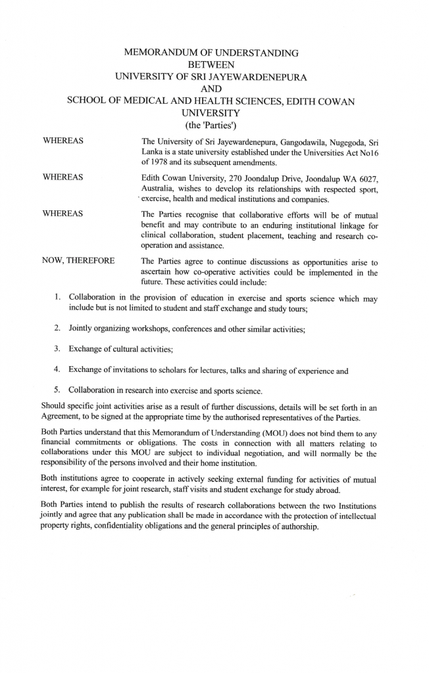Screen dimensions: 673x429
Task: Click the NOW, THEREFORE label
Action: [x=78, y=260]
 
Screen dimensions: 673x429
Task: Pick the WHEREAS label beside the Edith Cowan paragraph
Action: [x=63, y=177]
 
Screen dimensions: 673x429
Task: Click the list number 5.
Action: [x=57, y=390]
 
